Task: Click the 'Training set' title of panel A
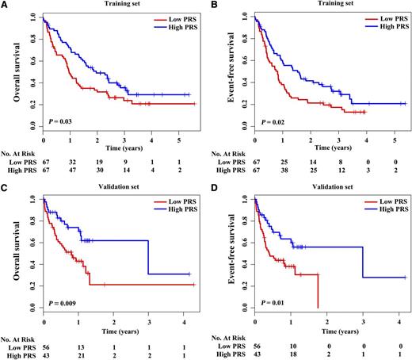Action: coord(123,5)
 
